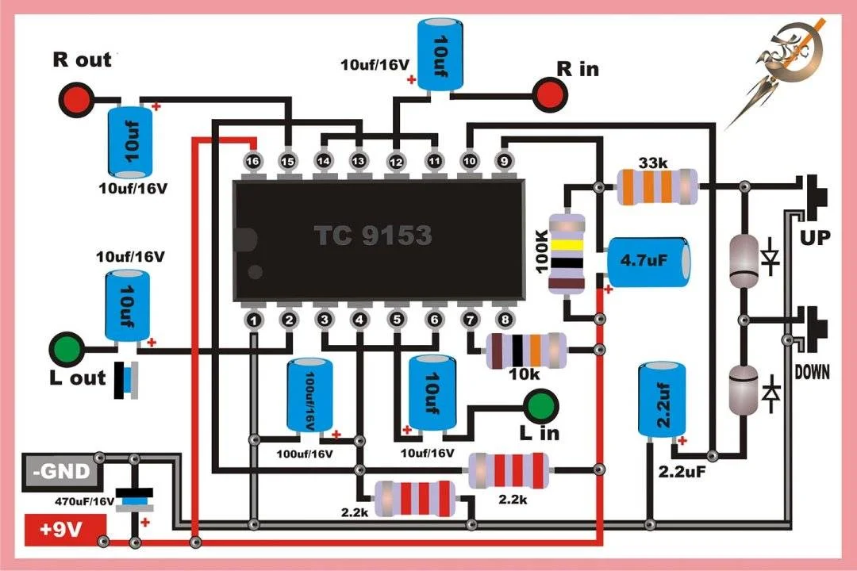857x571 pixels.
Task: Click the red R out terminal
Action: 75,99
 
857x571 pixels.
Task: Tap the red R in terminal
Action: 551,94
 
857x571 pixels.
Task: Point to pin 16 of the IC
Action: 252,161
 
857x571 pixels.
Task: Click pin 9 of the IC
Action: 504,161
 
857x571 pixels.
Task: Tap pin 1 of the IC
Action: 253,320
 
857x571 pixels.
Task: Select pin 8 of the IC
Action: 505,320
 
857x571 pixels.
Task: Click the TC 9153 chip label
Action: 373,236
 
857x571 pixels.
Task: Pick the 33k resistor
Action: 658,187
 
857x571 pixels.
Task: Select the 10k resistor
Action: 526,351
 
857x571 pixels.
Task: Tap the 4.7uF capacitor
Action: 648,262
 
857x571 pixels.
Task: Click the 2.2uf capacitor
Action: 662,400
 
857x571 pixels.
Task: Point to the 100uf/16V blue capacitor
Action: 310,395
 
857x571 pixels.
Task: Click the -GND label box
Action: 62,472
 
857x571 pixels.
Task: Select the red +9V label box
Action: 65,530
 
